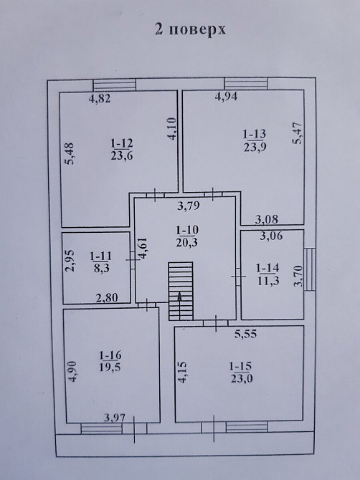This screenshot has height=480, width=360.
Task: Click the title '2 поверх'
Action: [x=190, y=30]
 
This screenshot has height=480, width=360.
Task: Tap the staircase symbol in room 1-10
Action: [x=181, y=291]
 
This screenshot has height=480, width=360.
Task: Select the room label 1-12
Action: [x=122, y=143]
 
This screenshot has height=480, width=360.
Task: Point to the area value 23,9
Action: [x=255, y=148]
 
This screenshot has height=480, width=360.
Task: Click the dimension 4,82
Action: [x=100, y=99]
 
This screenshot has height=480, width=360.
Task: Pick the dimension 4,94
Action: [x=226, y=97]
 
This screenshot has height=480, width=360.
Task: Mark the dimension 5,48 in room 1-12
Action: [x=70, y=154]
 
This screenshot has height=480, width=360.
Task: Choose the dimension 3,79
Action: [x=189, y=206]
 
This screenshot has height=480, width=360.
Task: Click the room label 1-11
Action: [x=101, y=256]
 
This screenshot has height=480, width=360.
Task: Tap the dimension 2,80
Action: [x=107, y=297]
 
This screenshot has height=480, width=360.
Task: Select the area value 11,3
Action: [x=268, y=281]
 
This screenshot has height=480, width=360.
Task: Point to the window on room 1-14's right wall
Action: [x=310, y=269]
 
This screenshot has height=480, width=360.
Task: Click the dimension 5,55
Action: [x=246, y=334]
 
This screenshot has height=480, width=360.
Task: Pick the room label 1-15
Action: [x=241, y=366]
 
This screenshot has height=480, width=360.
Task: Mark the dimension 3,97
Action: [x=115, y=418]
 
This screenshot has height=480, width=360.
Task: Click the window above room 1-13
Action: [x=246, y=84]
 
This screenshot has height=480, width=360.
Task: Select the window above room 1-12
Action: [x=114, y=85]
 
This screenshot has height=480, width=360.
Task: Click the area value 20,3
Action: [x=187, y=242]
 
